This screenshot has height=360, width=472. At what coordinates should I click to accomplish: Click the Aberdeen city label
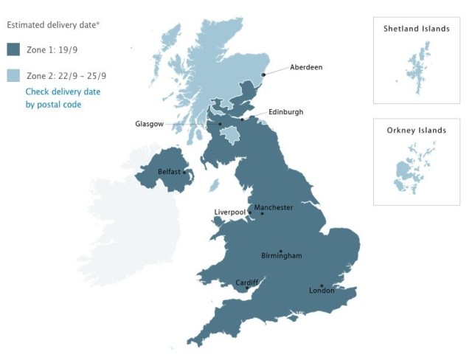(306, 67)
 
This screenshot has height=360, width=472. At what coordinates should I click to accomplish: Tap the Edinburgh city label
(285, 112)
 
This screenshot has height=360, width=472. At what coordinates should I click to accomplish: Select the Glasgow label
(149, 124)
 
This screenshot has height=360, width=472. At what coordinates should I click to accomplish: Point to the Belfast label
(170, 172)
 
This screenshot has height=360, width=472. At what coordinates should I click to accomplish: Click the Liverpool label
(229, 212)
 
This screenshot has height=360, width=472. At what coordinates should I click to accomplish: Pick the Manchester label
(274, 207)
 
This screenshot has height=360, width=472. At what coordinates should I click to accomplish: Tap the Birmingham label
(281, 256)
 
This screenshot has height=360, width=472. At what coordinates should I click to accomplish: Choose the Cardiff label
(247, 283)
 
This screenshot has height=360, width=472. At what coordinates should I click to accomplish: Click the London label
(322, 291)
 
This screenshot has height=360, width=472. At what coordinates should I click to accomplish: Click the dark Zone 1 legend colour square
(13, 50)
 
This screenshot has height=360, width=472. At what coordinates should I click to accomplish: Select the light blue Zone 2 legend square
(13, 75)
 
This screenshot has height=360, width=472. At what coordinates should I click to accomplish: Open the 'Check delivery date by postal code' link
(63, 98)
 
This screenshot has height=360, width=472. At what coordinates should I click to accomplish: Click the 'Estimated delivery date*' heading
(53, 24)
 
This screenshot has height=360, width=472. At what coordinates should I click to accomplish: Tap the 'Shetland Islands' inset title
(416, 29)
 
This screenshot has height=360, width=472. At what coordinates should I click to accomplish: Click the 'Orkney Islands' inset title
(416, 131)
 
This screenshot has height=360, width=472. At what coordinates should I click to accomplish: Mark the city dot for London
(322, 285)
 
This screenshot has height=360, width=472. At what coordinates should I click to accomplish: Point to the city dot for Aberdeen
(263, 73)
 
